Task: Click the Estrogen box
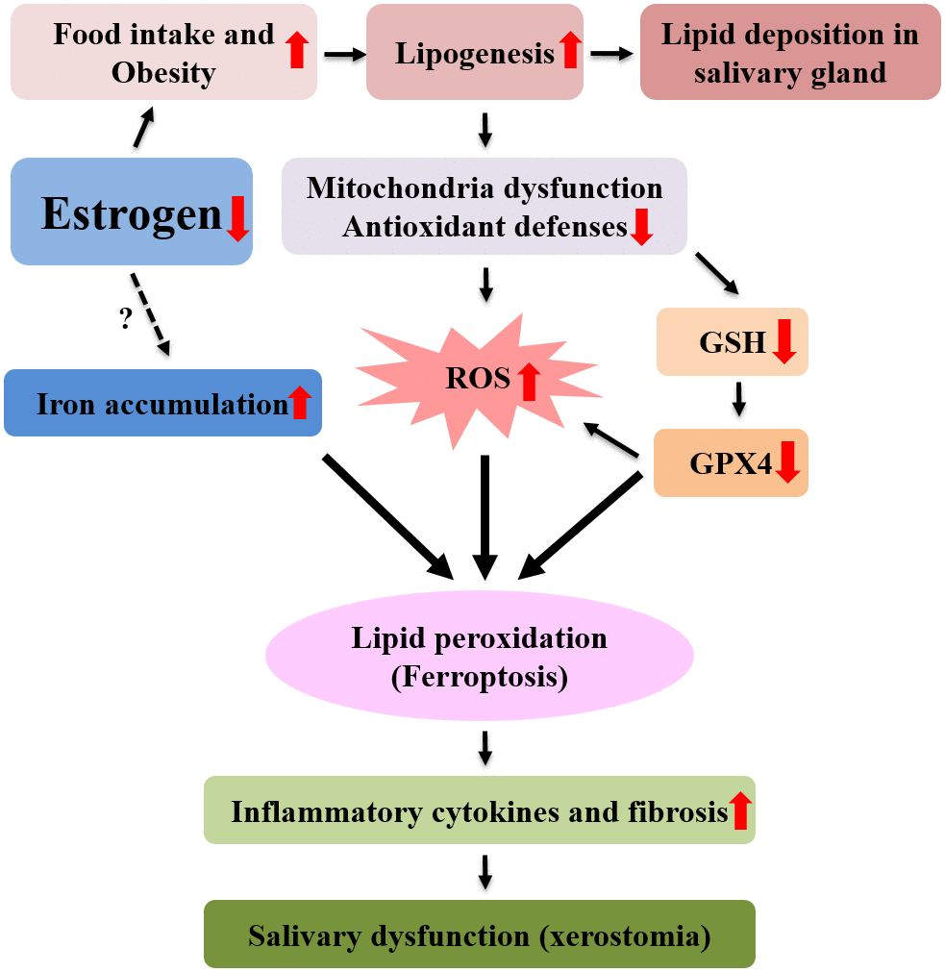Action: click(x=132, y=212)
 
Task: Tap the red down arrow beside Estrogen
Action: click(x=236, y=217)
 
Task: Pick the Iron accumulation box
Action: click(x=162, y=403)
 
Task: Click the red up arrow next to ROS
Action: click(x=528, y=381)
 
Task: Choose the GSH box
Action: click(x=732, y=341)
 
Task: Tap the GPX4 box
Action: click(x=731, y=463)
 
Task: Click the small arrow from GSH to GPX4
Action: click(x=738, y=399)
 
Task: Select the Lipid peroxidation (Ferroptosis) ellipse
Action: click(x=480, y=657)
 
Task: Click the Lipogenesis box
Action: click(x=475, y=52)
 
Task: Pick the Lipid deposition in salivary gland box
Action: click(x=790, y=52)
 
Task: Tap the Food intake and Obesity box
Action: click(x=163, y=52)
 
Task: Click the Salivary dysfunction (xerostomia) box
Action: click(x=480, y=934)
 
